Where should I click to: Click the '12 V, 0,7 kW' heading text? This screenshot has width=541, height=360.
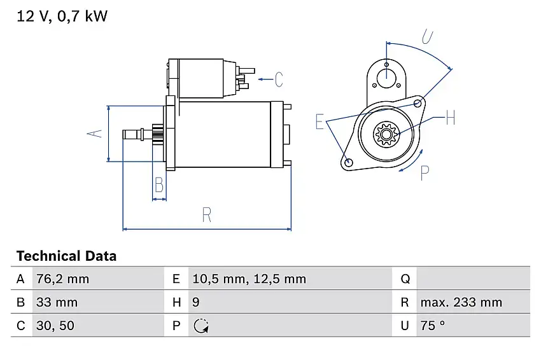[x=62, y=17]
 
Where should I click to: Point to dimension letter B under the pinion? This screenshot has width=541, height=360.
[x=159, y=185]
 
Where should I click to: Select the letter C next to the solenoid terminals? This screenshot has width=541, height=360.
[x=278, y=80]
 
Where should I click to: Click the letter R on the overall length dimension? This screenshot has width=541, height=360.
[x=206, y=215]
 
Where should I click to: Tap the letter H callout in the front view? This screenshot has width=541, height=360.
[x=449, y=118]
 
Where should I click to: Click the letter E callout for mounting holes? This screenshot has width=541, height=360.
[x=320, y=121]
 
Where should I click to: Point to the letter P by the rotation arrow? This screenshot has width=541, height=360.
[x=425, y=172]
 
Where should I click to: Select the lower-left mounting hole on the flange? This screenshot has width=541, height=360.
[x=348, y=162]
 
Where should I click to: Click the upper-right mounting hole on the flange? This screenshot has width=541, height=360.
[x=418, y=103]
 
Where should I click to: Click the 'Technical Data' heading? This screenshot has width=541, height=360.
[x=66, y=256]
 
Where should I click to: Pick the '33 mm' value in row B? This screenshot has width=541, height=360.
[x=57, y=302]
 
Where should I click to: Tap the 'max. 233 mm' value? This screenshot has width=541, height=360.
[x=461, y=302]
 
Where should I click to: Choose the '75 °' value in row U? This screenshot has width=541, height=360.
[x=433, y=326]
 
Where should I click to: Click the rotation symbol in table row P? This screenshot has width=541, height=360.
[x=201, y=326]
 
